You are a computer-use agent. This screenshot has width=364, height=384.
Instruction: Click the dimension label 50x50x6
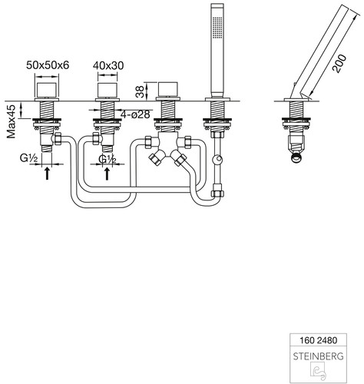48,65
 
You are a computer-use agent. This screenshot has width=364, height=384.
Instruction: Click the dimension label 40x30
108,66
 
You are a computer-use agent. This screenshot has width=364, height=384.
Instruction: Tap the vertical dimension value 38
140,91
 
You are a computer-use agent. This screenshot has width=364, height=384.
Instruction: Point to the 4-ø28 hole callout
135,114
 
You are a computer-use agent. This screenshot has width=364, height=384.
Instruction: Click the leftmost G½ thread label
29,159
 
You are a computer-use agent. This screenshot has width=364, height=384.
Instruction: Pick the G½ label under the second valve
108,159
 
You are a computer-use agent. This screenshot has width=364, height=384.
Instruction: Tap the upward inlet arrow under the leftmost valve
47,174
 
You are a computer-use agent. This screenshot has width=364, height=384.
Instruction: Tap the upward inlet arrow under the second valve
107,174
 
